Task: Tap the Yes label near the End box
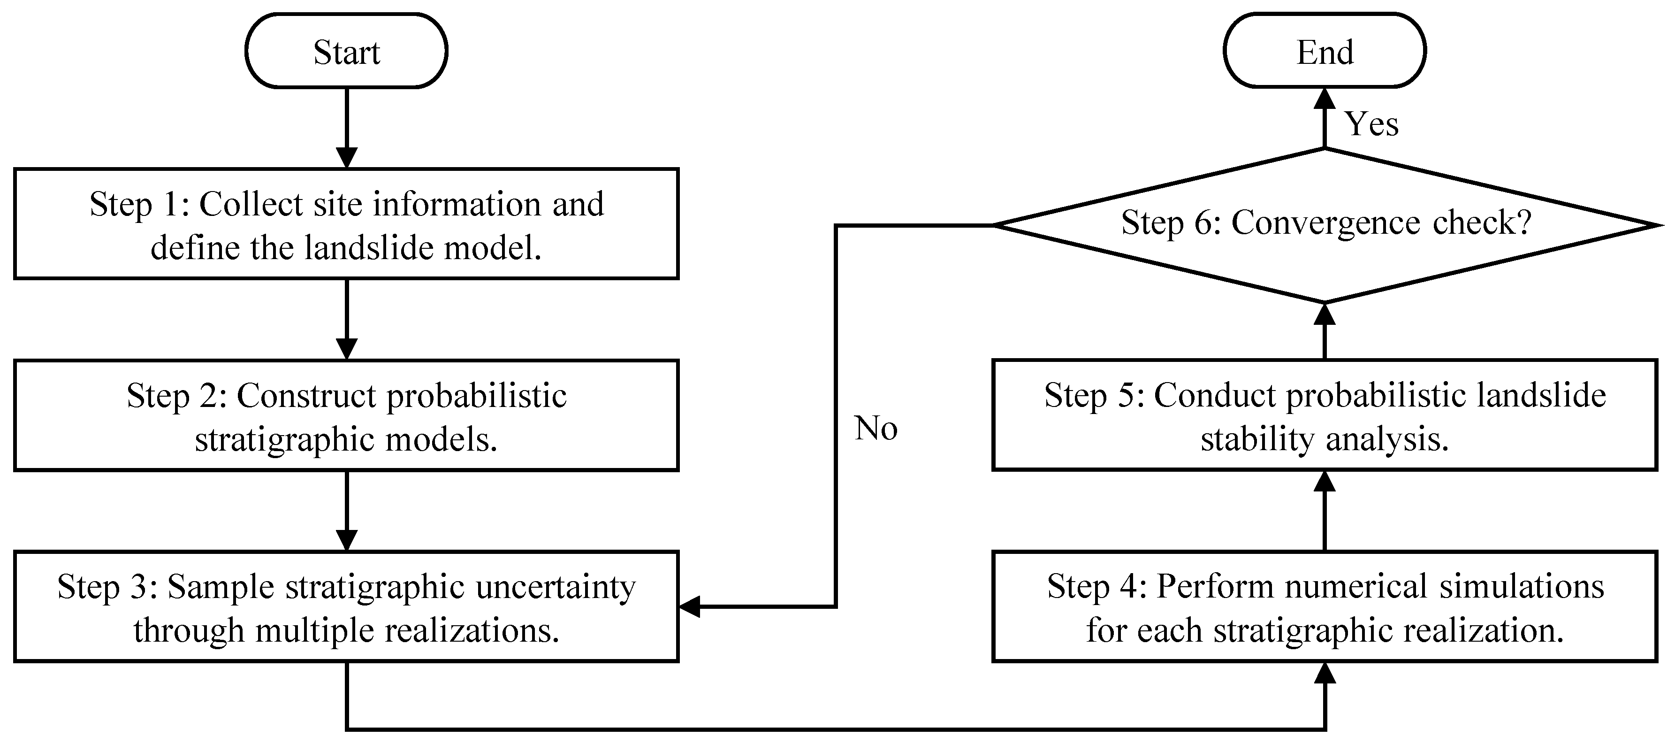[1371, 123]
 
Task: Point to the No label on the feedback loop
[876, 428]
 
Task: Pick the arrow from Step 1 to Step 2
[347, 319]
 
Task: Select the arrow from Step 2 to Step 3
[347, 511]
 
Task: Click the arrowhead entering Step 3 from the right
[689, 607]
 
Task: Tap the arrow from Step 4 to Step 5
[1325, 511]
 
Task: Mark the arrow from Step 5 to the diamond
[1325, 331]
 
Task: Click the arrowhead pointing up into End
[1325, 99]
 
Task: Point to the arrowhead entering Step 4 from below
[1325, 673]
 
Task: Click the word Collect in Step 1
[251, 204]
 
